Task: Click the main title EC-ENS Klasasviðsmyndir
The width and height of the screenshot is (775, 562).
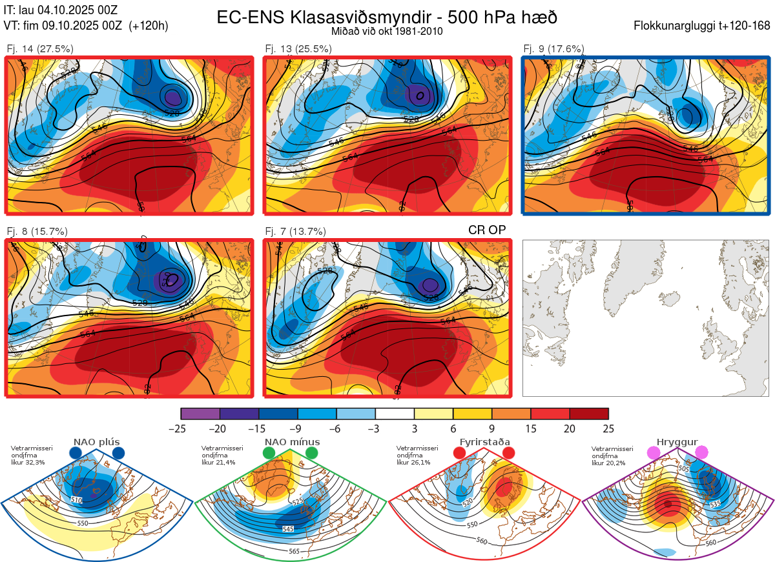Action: (387, 17)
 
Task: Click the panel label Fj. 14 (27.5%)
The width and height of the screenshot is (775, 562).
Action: (40, 48)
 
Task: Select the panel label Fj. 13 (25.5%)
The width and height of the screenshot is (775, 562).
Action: (298, 48)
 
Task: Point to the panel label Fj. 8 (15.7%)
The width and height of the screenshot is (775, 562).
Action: (37, 231)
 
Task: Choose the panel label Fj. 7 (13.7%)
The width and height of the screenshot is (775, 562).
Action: (295, 231)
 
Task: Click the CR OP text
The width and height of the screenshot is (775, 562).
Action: (486, 230)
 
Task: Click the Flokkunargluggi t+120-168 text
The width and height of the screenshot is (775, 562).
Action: (702, 26)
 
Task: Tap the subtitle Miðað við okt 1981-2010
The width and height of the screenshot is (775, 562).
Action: (387, 31)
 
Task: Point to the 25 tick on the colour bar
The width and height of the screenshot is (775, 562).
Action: (608, 428)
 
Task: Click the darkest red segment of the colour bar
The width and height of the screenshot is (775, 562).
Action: (589, 414)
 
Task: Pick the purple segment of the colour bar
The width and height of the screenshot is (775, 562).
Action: (200, 414)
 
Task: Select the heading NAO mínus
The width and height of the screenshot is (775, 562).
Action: (292, 442)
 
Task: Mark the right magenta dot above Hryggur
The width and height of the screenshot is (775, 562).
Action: (701, 453)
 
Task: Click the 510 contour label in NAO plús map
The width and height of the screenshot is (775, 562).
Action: (77, 500)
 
